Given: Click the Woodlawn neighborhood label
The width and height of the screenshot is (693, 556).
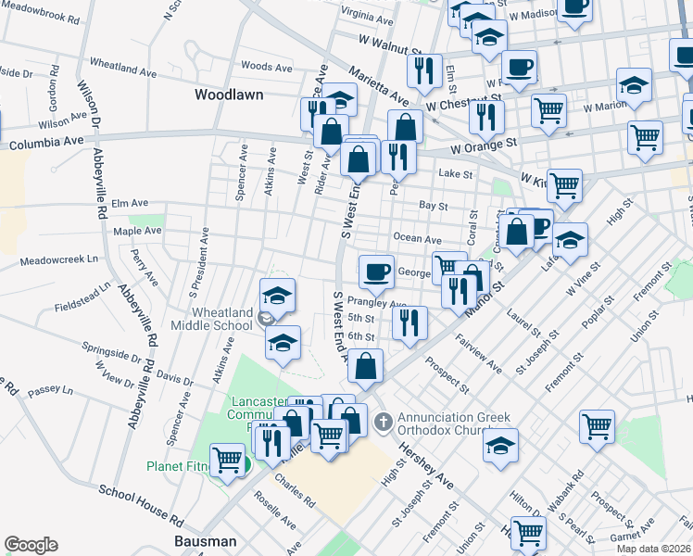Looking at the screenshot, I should pos(229,95).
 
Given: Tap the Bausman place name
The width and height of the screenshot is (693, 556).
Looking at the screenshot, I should pos(206,540).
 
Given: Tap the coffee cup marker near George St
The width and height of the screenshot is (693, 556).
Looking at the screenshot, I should pos(376,272).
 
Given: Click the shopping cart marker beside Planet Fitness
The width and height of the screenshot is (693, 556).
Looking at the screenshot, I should pos(227,458).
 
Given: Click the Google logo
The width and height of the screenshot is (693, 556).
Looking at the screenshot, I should pos(31,544).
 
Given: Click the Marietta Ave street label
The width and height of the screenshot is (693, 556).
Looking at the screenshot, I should pos(380,85).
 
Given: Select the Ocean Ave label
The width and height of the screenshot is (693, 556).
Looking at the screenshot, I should pos(417,238).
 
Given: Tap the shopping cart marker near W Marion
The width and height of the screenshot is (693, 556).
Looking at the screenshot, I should pos(548,110).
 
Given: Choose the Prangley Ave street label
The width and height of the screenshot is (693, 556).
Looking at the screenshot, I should pos(377,303).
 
